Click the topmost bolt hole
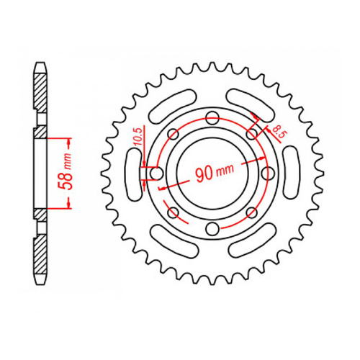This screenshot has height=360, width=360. pyautogui.click(x=212, y=119)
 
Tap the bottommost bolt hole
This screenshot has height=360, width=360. pyautogui.click(x=212, y=229)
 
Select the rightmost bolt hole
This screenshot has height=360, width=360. pyautogui.click(x=266, y=174)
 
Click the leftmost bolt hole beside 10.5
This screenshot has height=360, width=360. pyautogui.click(x=156, y=174)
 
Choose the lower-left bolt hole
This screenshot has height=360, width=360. pyautogui.click(x=173, y=213)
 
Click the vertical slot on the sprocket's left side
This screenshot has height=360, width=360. pyautogui.click(x=133, y=174)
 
